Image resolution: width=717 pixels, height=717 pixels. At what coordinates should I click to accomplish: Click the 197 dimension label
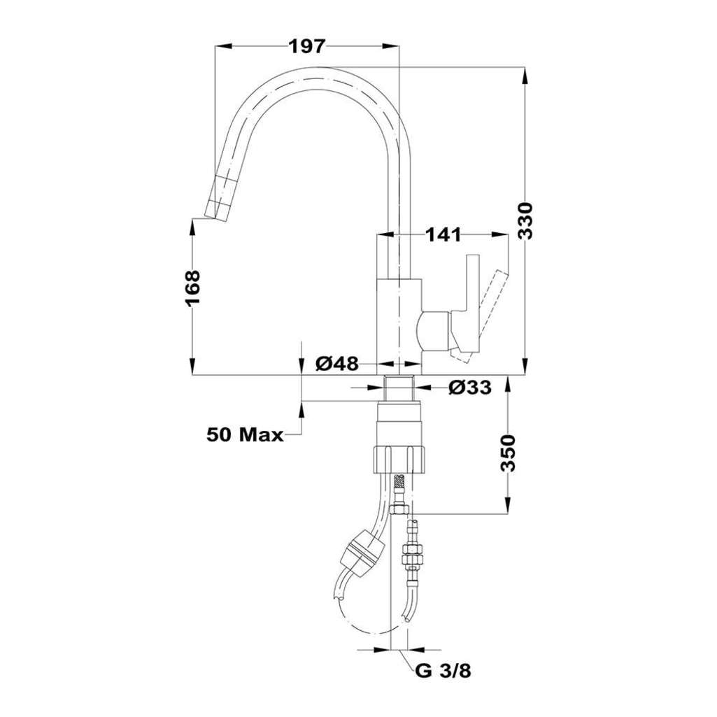[x=307, y=46]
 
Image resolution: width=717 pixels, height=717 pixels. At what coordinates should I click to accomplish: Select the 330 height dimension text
[x=527, y=220]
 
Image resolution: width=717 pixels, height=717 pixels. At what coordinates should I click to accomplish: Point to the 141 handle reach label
[x=443, y=235]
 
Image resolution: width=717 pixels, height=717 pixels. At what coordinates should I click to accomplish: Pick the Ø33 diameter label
[x=470, y=388]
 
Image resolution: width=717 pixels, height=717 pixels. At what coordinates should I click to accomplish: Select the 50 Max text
[x=246, y=435]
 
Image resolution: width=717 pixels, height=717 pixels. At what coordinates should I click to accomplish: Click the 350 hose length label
[x=508, y=453]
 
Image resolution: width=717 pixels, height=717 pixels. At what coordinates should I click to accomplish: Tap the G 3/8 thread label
[x=443, y=685]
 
